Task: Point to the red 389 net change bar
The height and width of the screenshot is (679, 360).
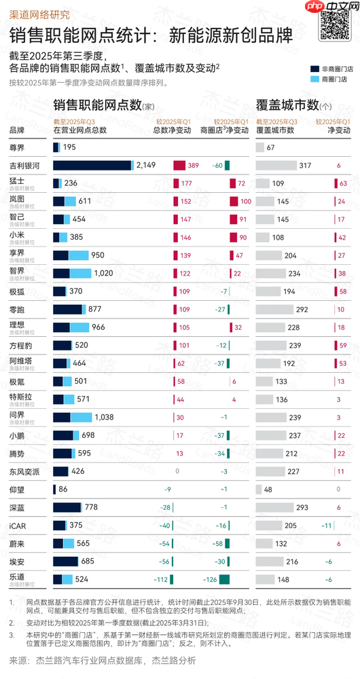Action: [x=179, y=165]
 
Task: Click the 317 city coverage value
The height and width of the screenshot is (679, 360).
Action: [x=305, y=165]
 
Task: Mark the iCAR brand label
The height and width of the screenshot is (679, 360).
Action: [x=18, y=524]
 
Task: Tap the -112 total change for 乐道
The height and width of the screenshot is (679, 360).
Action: [x=159, y=579]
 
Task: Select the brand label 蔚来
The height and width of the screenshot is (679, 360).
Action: [x=18, y=543]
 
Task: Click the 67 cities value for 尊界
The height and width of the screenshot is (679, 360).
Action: [x=270, y=147]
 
